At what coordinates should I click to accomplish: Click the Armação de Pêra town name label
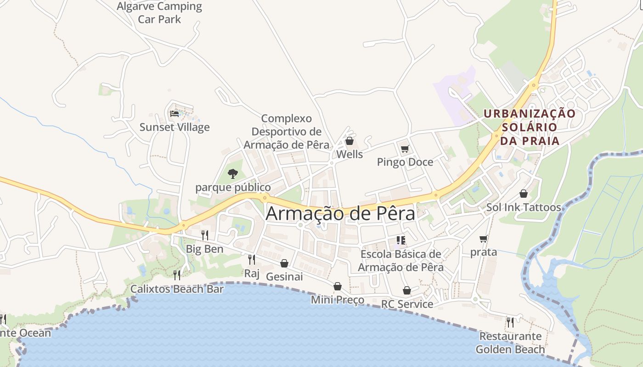click(340, 213)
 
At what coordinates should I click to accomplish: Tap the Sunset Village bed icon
click(175, 113)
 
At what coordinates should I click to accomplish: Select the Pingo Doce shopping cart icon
click(405, 149)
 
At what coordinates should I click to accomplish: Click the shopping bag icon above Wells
click(350, 141)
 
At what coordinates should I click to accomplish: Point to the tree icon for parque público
click(233, 174)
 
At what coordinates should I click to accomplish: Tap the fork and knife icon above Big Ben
click(205, 235)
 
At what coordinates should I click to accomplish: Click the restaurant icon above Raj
click(252, 260)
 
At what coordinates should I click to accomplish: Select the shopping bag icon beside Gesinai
click(284, 263)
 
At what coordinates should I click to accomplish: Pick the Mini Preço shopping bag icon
click(338, 286)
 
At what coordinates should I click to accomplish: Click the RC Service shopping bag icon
click(407, 290)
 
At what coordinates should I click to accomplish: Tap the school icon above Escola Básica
click(400, 240)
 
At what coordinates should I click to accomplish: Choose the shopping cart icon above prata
click(483, 239)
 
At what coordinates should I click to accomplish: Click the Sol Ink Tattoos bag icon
click(524, 194)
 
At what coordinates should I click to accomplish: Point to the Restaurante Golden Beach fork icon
click(510, 323)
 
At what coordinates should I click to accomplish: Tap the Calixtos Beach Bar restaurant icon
click(177, 275)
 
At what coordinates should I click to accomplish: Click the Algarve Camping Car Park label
click(159, 13)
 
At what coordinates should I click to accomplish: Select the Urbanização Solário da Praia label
click(530, 127)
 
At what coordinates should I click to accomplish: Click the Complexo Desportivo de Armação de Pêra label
click(287, 132)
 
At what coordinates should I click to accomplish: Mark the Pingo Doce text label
click(405, 162)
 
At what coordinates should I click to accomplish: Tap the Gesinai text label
click(284, 277)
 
